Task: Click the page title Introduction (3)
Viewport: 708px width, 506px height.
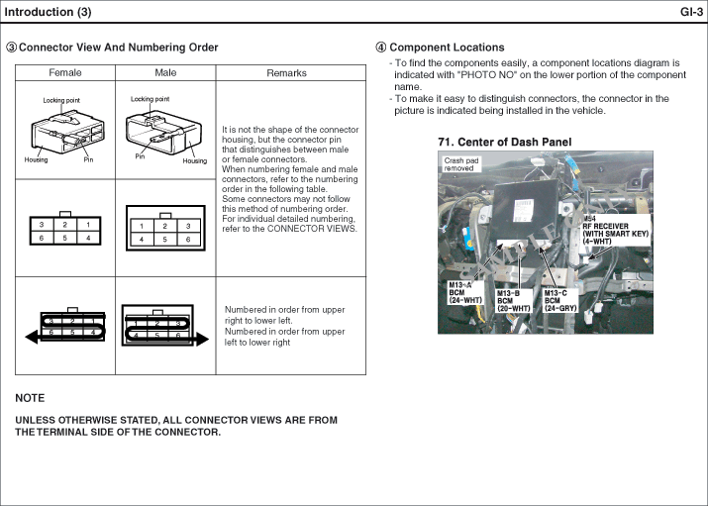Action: (x=49, y=12)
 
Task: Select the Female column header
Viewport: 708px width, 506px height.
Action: (x=65, y=72)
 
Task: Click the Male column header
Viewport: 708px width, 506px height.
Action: (x=165, y=72)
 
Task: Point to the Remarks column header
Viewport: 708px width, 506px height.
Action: (x=287, y=72)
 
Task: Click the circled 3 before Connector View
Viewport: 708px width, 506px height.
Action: (x=12, y=48)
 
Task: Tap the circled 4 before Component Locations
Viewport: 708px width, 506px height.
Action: (x=381, y=48)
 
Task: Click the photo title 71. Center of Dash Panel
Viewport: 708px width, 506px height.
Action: (x=504, y=143)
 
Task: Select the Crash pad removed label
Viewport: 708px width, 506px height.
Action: (x=459, y=164)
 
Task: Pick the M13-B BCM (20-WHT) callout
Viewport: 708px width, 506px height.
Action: (x=513, y=299)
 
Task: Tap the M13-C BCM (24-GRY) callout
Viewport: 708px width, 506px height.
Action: (x=560, y=299)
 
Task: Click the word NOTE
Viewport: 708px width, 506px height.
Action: (x=30, y=397)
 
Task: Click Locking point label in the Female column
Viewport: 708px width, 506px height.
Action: (x=61, y=100)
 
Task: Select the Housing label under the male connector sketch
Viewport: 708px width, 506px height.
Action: (x=195, y=160)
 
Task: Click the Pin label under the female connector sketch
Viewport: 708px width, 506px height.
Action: (x=88, y=159)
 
